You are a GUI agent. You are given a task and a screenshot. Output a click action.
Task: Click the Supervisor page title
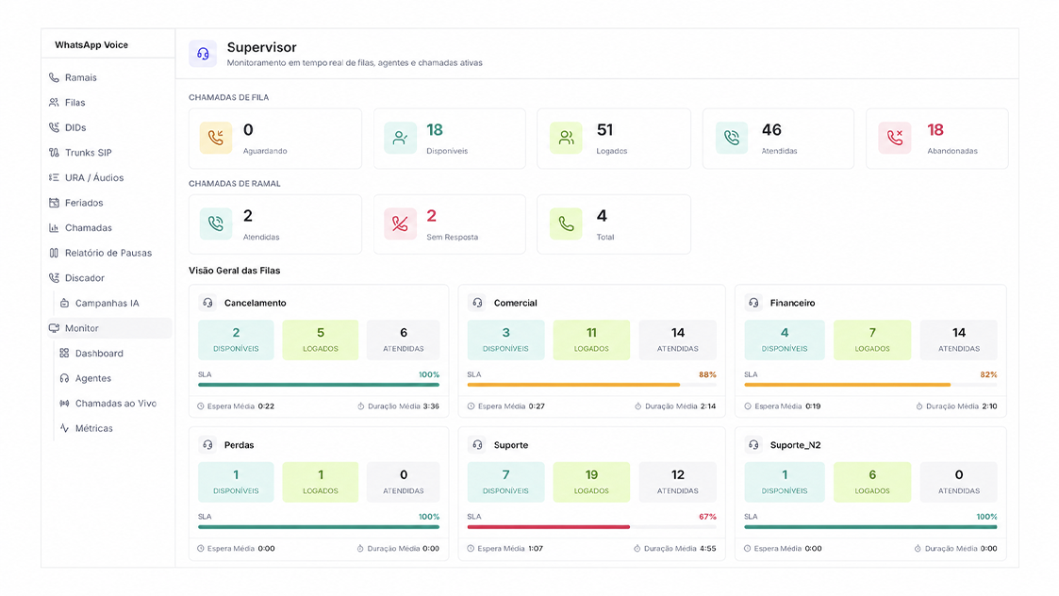pyautogui.click(x=261, y=47)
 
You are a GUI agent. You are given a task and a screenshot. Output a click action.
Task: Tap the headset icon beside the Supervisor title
pyautogui.click(x=203, y=54)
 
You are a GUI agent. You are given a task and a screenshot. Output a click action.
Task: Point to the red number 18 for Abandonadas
pyautogui.click(x=935, y=130)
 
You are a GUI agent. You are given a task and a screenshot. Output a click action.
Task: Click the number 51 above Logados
pyautogui.click(x=604, y=130)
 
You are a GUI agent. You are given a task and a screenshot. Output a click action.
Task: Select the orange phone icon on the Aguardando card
pyautogui.click(x=215, y=138)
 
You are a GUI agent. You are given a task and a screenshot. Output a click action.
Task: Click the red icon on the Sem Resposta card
pyautogui.click(x=400, y=223)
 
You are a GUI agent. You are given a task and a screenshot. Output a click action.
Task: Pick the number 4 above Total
pyautogui.click(x=602, y=216)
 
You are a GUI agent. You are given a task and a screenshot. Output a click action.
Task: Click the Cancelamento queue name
pyautogui.click(x=256, y=303)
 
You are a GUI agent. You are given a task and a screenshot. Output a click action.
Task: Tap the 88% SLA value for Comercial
pyautogui.click(x=707, y=374)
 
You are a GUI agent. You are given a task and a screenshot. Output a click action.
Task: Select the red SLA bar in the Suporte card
pyautogui.click(x=549, y=527)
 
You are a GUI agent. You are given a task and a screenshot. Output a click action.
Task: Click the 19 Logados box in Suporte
pyautogui.click(x=591, y=482)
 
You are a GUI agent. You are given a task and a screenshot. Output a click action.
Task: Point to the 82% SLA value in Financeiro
pyautogui.click(x=988, y=374)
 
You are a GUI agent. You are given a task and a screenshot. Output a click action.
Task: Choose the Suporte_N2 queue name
pyautogui.click(x=795, y=445)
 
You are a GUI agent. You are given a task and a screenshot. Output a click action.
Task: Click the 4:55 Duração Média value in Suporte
pyautogui.click(x=708, y=549)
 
